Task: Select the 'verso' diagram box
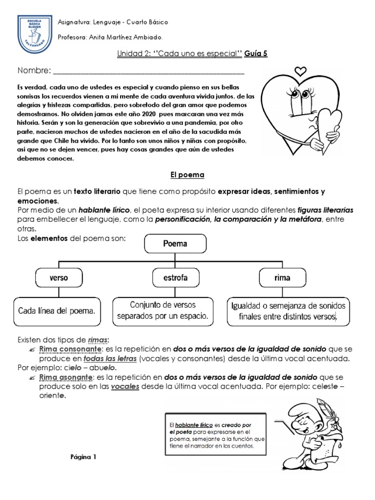59,278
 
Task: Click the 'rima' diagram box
282,278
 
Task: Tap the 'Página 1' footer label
84,457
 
